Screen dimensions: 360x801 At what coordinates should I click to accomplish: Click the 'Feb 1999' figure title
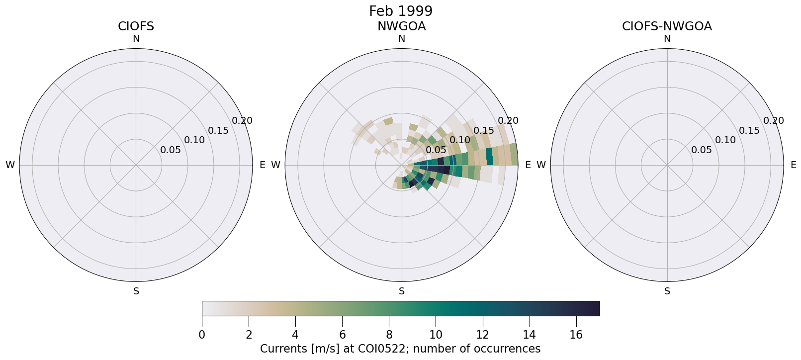(x=400, y=11)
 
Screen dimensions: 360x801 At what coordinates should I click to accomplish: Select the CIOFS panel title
(x=136, y=26)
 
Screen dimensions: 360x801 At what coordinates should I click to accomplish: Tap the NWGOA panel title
(x=401, y=26)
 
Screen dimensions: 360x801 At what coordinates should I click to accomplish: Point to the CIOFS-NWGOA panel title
(x=667, y=26)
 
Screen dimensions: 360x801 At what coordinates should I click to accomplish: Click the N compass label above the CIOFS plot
(x=136, y=39)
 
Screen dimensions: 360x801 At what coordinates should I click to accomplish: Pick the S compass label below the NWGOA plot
(x=402, y=291)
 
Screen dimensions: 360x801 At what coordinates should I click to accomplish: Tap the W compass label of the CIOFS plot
(x=10, y=165)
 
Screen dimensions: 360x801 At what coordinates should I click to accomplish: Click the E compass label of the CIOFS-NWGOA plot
(x=794, y=165)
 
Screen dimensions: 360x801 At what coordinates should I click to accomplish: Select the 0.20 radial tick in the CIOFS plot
(x=242, y=121)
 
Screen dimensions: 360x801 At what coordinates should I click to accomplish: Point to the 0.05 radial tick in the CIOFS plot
(x=171, y=150)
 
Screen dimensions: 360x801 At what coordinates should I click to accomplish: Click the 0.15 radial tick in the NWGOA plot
(x=484, y=131)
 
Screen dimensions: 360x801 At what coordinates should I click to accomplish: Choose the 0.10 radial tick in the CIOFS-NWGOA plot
(x=725, y=140)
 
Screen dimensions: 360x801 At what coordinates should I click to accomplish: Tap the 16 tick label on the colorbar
(x=576, y=335)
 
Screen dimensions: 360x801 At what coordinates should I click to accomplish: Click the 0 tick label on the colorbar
(x=202, y=335)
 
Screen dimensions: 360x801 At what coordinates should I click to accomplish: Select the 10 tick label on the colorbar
(x=436, y=335)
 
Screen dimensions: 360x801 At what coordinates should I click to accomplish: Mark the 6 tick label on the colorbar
(x=342, y=335)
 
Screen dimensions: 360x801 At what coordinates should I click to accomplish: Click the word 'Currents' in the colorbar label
(x=282, y=349)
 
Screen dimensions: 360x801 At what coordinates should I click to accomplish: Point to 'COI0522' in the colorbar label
(x=385, y=349)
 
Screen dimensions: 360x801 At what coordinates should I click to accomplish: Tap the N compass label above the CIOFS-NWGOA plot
(x=667, y=39)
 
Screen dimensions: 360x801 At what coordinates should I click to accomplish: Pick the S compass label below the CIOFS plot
(x=136, y=291)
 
